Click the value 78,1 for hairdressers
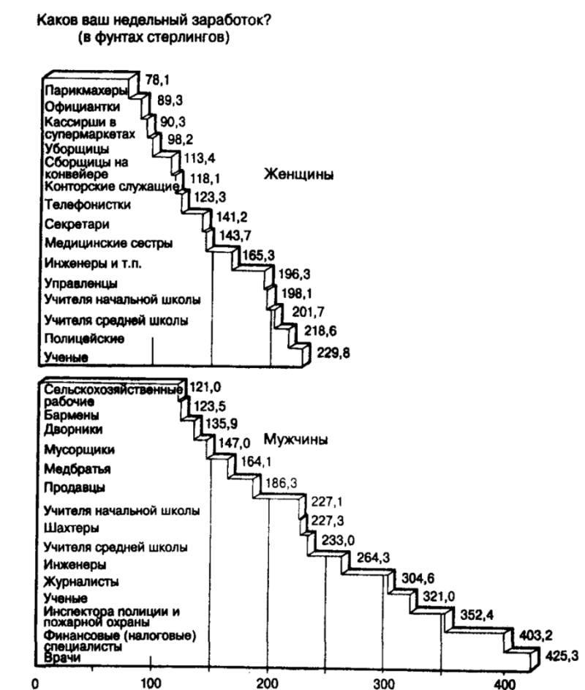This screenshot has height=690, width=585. pyautogui.click(x=157, y=80)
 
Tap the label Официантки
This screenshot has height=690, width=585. pyautogui.click(x=82, y=107)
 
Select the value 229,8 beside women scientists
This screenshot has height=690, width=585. pyautogui.click(x=333, y=353)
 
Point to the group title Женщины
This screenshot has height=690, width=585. pyautogui.click(x=298, y=175)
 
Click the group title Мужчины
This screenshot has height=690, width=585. pyautogui.click(x=295, y=440)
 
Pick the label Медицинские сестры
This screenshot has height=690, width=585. pyautogui.click(x=109, y=243)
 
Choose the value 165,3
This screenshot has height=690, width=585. pyautogui.click(x=259, y=255)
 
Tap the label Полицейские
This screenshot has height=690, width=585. pyautogui.click(x=84, y=338)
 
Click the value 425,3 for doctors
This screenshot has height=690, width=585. pyautogui.click(x=562, y=656)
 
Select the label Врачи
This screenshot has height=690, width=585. pyautogui.click(x=62, y=657)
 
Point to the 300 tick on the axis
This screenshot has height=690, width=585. pyautogui.click(x=384, y=683)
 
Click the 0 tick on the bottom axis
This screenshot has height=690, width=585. pyautogui.click(x=35, y=683)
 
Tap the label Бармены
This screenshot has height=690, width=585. pyautogui.click(x=71, y=415)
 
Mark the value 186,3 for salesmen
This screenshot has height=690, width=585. pyautogui.click(x=282, y=483)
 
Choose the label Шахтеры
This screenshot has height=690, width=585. pyautogui.click(x=71, y=528)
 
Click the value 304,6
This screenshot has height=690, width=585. pyautogui.click(x=418, y=577)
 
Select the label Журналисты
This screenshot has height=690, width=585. pyautogui.click(x=81, y=581)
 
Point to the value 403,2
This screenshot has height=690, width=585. pyautogui.click(x=535, y=635)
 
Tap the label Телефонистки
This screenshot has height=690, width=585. pyautogui.click(x=88, y=205)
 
